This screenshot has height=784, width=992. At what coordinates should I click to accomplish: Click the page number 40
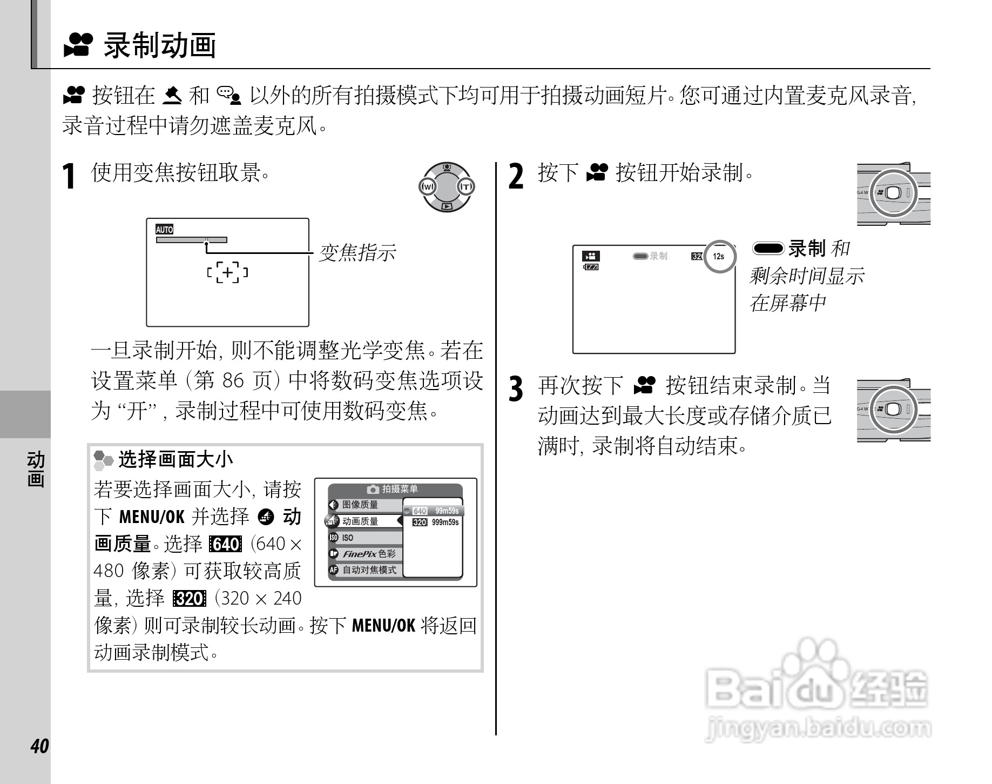39,746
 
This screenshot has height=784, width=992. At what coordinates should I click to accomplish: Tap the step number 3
516,388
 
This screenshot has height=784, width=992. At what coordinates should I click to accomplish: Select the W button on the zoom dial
428,187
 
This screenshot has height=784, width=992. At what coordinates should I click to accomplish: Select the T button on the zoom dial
465,187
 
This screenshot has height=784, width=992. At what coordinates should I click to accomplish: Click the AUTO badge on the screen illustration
164,230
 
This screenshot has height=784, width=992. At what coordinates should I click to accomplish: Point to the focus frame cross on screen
227,272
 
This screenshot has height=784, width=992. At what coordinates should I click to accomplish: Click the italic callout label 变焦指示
357,253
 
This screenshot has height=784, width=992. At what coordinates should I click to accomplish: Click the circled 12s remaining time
719,257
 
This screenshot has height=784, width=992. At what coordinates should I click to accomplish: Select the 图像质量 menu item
360,505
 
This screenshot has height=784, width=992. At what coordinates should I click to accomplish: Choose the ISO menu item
348,538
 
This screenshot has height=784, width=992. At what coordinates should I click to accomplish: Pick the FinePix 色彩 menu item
369,554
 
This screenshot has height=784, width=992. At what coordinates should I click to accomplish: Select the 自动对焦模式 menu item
369,570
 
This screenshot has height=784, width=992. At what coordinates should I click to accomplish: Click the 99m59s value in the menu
447,511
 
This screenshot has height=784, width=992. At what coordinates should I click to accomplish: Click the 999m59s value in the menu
445,522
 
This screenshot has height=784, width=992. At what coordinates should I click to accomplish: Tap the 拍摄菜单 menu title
400,489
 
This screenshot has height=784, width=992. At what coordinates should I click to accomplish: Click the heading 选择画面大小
176,459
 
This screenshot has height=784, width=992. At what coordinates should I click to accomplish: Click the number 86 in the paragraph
233,381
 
